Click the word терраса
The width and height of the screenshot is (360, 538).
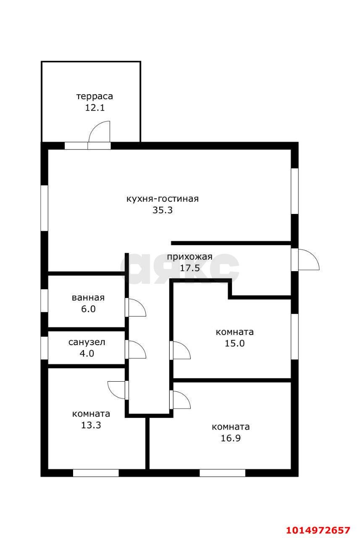pyautogui.click(x=95, y=96)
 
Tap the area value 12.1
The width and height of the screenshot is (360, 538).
pyautogui.click(x=95, y=108)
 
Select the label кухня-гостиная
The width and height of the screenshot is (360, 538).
pyautogui.click(x=162, y=199)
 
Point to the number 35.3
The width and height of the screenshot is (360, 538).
pyautogui.click(x=162, y=210)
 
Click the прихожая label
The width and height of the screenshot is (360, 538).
pyautogui.click(x=189, y=257)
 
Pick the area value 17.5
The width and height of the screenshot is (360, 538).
pyautogui.click(x=189, y=268)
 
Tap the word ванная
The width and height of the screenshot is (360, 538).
pyautogui.click(x=88, y=298)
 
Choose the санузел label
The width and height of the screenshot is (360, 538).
pyautogui.click(x=87, y=342)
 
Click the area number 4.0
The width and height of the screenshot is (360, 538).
pyautogui.click(x=87, y=353)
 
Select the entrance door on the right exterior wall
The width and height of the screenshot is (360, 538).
pyautogui.click(x=305, y=260)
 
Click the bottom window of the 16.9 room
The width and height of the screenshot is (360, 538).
pyautogui.click(x=222, y=473)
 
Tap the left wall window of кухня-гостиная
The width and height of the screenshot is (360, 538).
pyautogui.click(x=44, y=208)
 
